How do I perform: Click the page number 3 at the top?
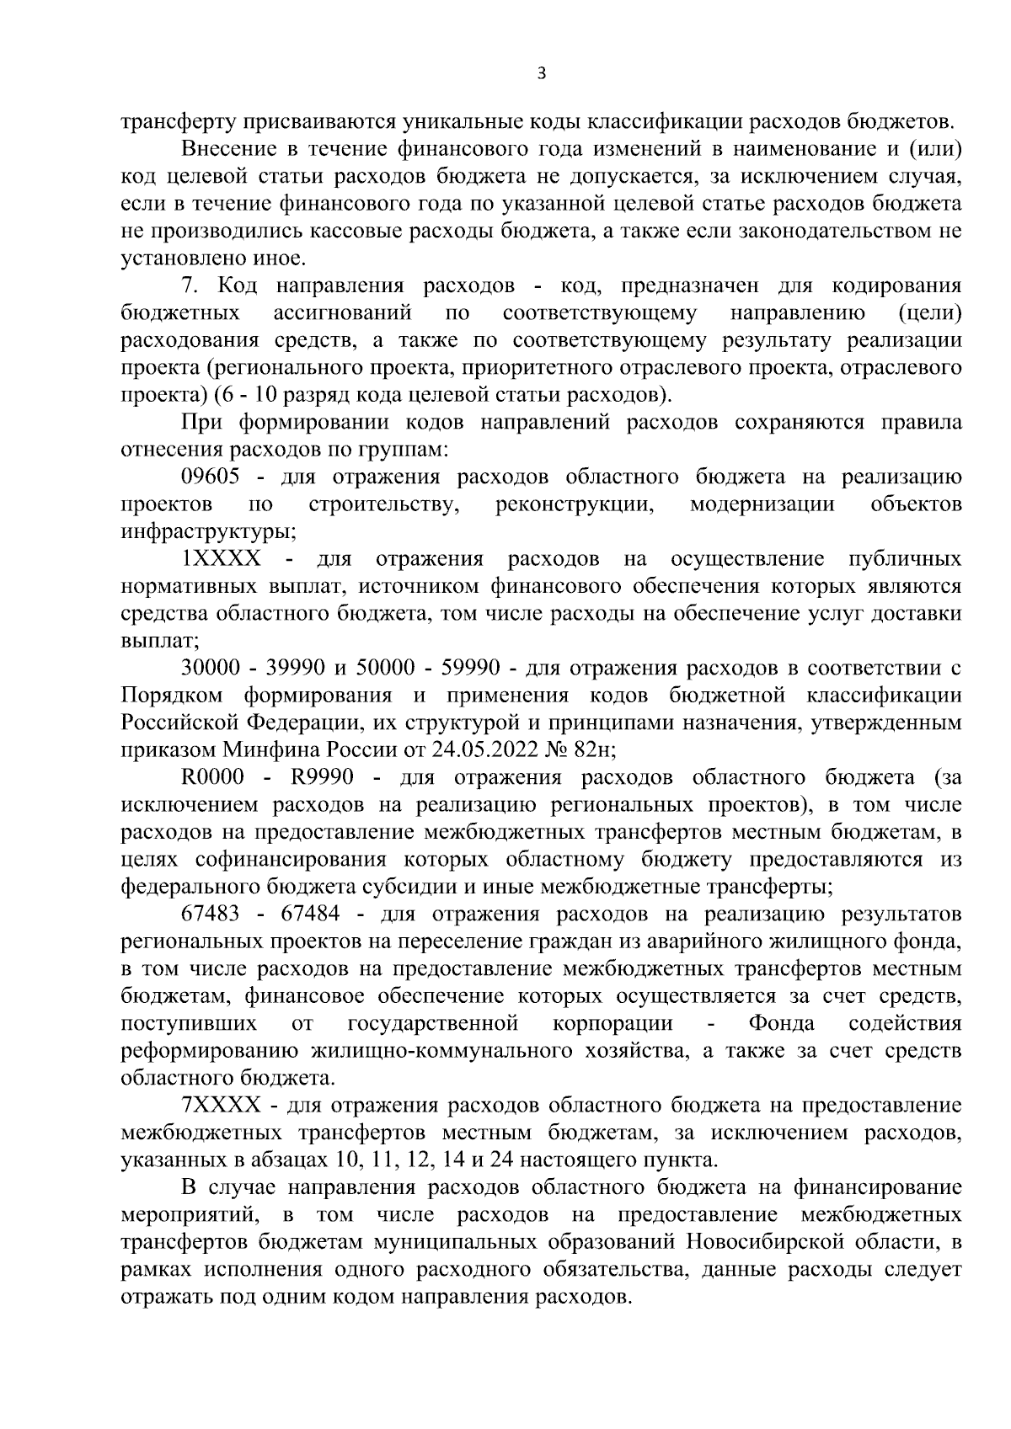542,74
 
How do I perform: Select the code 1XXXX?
221,559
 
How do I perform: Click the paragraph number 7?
188,285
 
